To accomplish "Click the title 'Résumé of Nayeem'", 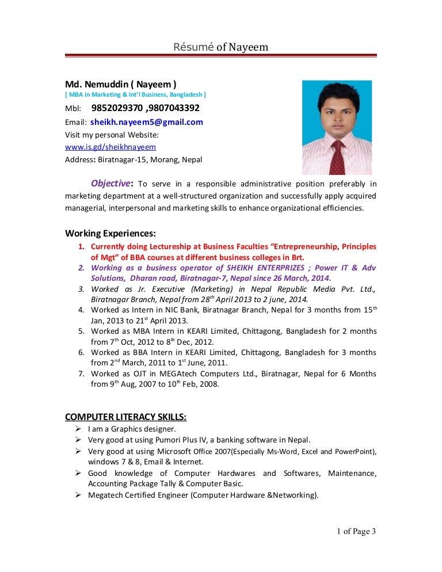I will tap(221, 47).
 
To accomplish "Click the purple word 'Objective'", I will tap(110, 184).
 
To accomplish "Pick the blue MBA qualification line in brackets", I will tap(135, 94).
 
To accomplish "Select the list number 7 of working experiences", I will tap(81, 374).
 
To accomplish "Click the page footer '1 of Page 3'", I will tap(356, 532).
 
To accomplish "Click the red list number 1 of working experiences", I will tap(81, 246).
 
